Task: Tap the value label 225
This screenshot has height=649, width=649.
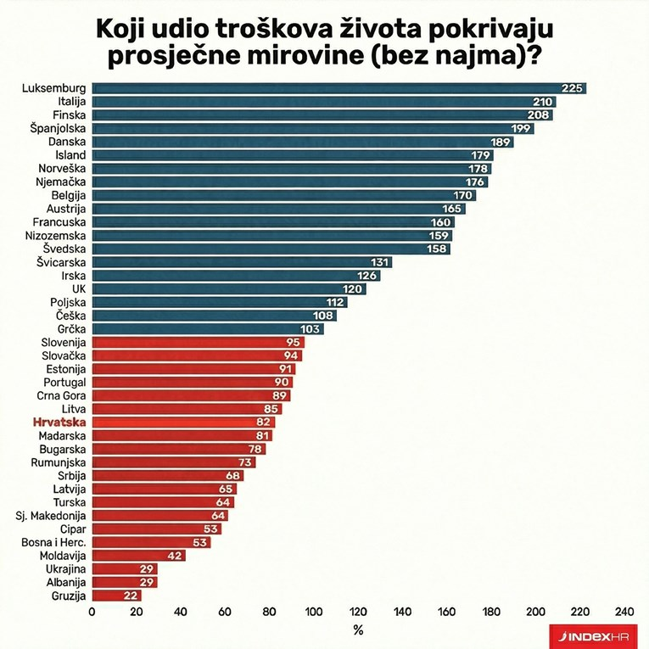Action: click(571, 88)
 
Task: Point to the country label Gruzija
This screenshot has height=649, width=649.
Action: click(67, 596)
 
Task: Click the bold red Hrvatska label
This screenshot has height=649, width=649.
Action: click(59, 422)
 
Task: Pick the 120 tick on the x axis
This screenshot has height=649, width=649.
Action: click(358, 612)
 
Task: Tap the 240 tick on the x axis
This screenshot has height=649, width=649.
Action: click(624, 612)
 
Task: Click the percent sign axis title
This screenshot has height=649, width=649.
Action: click(358, 630)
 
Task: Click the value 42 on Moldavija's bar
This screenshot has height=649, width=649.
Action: click(174, 556)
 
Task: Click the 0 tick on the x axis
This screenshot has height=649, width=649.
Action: click(92, 612)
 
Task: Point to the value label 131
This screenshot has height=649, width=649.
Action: click(381, 262)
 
